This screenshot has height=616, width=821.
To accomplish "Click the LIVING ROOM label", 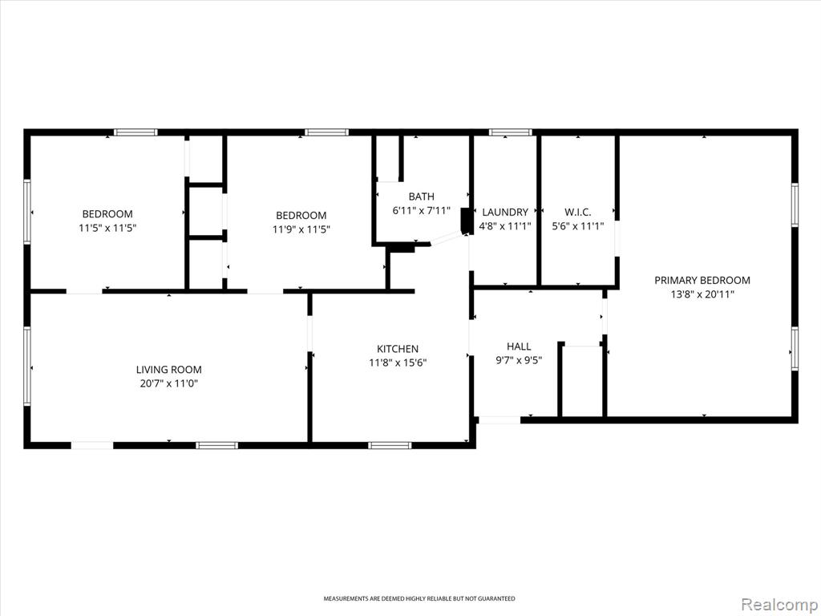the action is tap(168, 370).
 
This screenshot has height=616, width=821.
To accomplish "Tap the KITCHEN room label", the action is tap(398, 349).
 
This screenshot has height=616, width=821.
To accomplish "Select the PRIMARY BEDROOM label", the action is tap(702, 280).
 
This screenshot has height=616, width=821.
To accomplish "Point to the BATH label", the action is tap(421, 197).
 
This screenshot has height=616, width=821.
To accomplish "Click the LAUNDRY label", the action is tap(505, 212).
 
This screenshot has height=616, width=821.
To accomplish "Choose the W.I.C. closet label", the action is tap(577, 212).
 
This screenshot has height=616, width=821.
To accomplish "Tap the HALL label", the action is tap(519, 346).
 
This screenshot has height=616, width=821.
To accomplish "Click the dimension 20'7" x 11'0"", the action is tap(168, 383).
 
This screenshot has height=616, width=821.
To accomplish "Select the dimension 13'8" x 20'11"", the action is tap(702, 294).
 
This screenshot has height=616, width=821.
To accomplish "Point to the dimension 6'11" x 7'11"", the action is tap(421, 211).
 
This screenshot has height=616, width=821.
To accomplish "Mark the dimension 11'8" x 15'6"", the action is tap(398, 363).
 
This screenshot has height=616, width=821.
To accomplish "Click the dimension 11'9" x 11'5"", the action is tap(301, 229).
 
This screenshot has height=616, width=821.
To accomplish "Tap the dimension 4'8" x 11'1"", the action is tap(505, 226).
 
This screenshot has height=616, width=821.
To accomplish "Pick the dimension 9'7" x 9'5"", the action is tap(519, 360).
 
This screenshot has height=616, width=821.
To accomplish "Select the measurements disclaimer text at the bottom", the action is tap(419, 598).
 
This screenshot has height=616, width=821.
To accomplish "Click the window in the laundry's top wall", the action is tap(510, 132).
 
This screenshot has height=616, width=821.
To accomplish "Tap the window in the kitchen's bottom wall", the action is tap(389, 446).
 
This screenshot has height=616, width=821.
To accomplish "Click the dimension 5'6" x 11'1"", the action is tap(577, 226).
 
